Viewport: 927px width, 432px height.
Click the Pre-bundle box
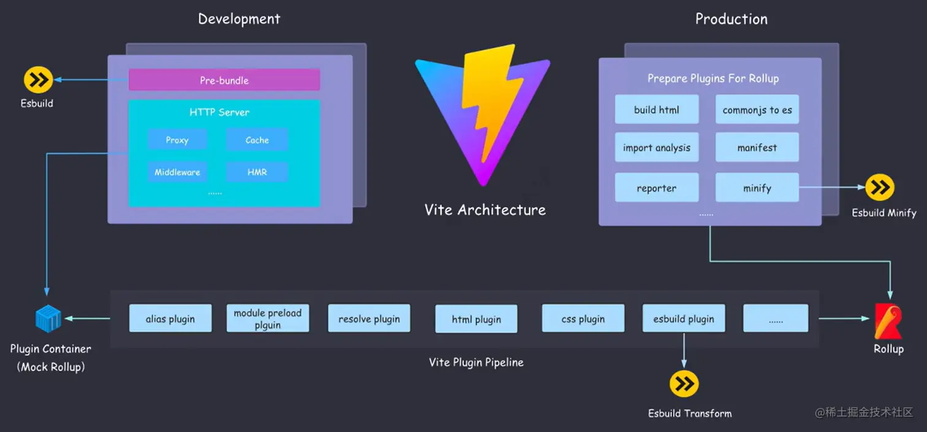tap(224, 80)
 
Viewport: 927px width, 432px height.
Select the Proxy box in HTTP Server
tap(177, 140)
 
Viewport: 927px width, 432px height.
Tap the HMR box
tap(257, 172)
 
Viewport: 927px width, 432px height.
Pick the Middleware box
tap(177, 172)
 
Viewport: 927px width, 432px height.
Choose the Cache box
tap(257, 140)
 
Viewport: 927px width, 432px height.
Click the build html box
tap(657, 110)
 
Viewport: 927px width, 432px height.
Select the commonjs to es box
tap(757, 110)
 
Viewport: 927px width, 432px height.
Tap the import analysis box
tap(657, 148)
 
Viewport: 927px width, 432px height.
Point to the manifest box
tap(757, 148)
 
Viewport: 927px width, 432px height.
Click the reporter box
tap(657, 188)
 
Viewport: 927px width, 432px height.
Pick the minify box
tap(757, 188)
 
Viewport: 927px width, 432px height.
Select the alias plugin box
tap(170, 319)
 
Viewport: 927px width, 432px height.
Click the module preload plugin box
tap(268, 319)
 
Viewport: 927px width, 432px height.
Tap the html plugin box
tap(476, 319)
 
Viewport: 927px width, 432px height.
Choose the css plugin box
tap(583, 319)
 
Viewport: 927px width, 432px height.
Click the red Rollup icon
tap(888, 321)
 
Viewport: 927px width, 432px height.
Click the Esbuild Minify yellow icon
tap(880, 188)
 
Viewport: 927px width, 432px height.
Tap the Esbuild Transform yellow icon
tap(684, 384)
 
